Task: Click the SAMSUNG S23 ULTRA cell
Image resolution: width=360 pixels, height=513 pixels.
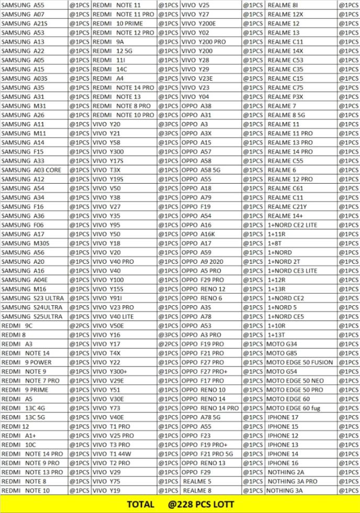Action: pos(32,298)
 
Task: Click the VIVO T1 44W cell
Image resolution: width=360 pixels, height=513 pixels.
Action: pos(112,454)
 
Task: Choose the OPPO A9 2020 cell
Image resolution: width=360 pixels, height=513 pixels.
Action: pos(202,262)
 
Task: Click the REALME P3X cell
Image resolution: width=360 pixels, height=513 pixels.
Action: pos(285,97)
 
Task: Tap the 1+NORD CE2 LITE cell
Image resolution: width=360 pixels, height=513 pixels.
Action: pos(292,225)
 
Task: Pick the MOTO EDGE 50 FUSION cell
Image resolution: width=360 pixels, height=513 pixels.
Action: pos(299,362)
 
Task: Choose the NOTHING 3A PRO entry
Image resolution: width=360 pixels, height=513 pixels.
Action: pos(292,481)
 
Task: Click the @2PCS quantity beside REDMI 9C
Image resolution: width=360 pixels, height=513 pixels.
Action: pos(80,326)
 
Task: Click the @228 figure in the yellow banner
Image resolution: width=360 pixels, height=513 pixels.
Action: pos(181,504)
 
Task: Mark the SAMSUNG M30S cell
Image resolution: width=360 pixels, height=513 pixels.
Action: pos(25,243)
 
